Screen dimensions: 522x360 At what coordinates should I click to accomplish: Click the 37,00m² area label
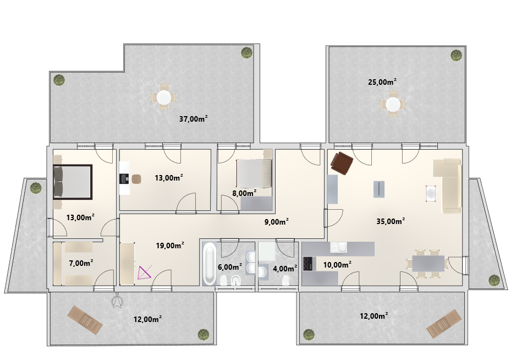click(194, 118)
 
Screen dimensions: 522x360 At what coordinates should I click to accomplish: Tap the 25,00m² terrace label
click(382, 81)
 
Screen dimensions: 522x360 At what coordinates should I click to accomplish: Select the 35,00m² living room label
click(391, 221)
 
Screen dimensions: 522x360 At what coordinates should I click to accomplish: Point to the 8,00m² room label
click(244, 193)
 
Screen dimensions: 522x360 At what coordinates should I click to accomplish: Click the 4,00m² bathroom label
click(285, 269)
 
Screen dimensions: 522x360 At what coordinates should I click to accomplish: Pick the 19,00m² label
click(170, 246)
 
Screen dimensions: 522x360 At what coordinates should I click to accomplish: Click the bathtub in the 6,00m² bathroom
click(210, 264)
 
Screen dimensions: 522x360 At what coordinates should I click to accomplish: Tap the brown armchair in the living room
click(342, 163)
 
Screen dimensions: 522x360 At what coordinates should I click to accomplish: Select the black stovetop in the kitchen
click(307, 264)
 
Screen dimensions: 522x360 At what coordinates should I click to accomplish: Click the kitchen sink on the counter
click(338, 248)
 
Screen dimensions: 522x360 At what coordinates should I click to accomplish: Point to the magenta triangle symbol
click(145, 272)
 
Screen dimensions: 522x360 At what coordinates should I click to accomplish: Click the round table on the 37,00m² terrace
click(164, 97)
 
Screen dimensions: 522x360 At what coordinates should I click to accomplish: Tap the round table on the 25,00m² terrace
click(393, 105)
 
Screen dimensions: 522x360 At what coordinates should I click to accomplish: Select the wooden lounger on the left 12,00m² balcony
click(85, 320)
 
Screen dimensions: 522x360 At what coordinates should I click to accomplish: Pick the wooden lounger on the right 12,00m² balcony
click(444, 323)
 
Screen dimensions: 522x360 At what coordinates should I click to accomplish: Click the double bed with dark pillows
click(73, 182)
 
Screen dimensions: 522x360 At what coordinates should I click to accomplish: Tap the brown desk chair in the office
click(136, 179)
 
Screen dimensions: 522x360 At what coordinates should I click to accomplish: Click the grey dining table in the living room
click(428, 264)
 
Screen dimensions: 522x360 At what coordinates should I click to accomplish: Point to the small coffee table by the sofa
click(431, 194)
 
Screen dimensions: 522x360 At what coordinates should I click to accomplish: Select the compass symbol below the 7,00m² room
click(117, 301)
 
